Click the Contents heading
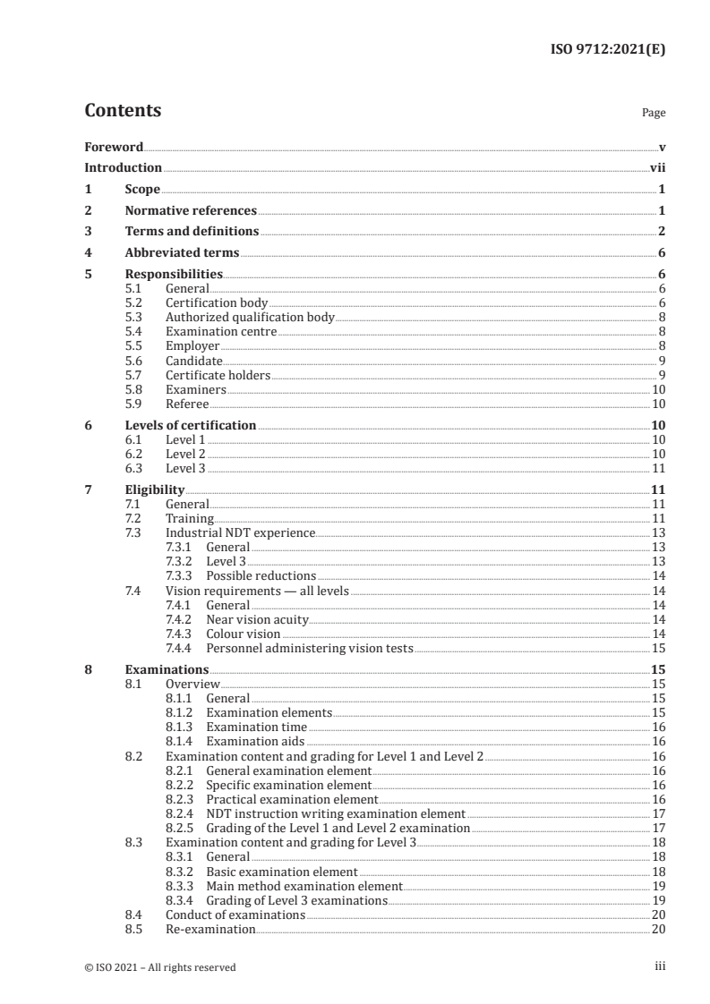(123, 111)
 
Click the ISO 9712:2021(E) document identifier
(606, 50)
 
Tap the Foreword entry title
(114, 147)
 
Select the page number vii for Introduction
(657, 168)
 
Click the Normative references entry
(191, 211)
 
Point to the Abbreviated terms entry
(182, 253)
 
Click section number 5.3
(133, 317)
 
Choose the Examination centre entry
(221, 331)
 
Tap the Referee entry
(187, 404)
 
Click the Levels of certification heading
(191, 425)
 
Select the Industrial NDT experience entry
(240, 533)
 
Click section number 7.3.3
(181, 575)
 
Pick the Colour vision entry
(244, 634)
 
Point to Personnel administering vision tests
(310, 648)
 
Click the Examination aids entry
(255, 741)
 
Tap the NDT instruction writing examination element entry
(336, 814)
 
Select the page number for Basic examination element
(658, 872)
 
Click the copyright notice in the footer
(160, 966)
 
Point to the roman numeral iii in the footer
(660, 966)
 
